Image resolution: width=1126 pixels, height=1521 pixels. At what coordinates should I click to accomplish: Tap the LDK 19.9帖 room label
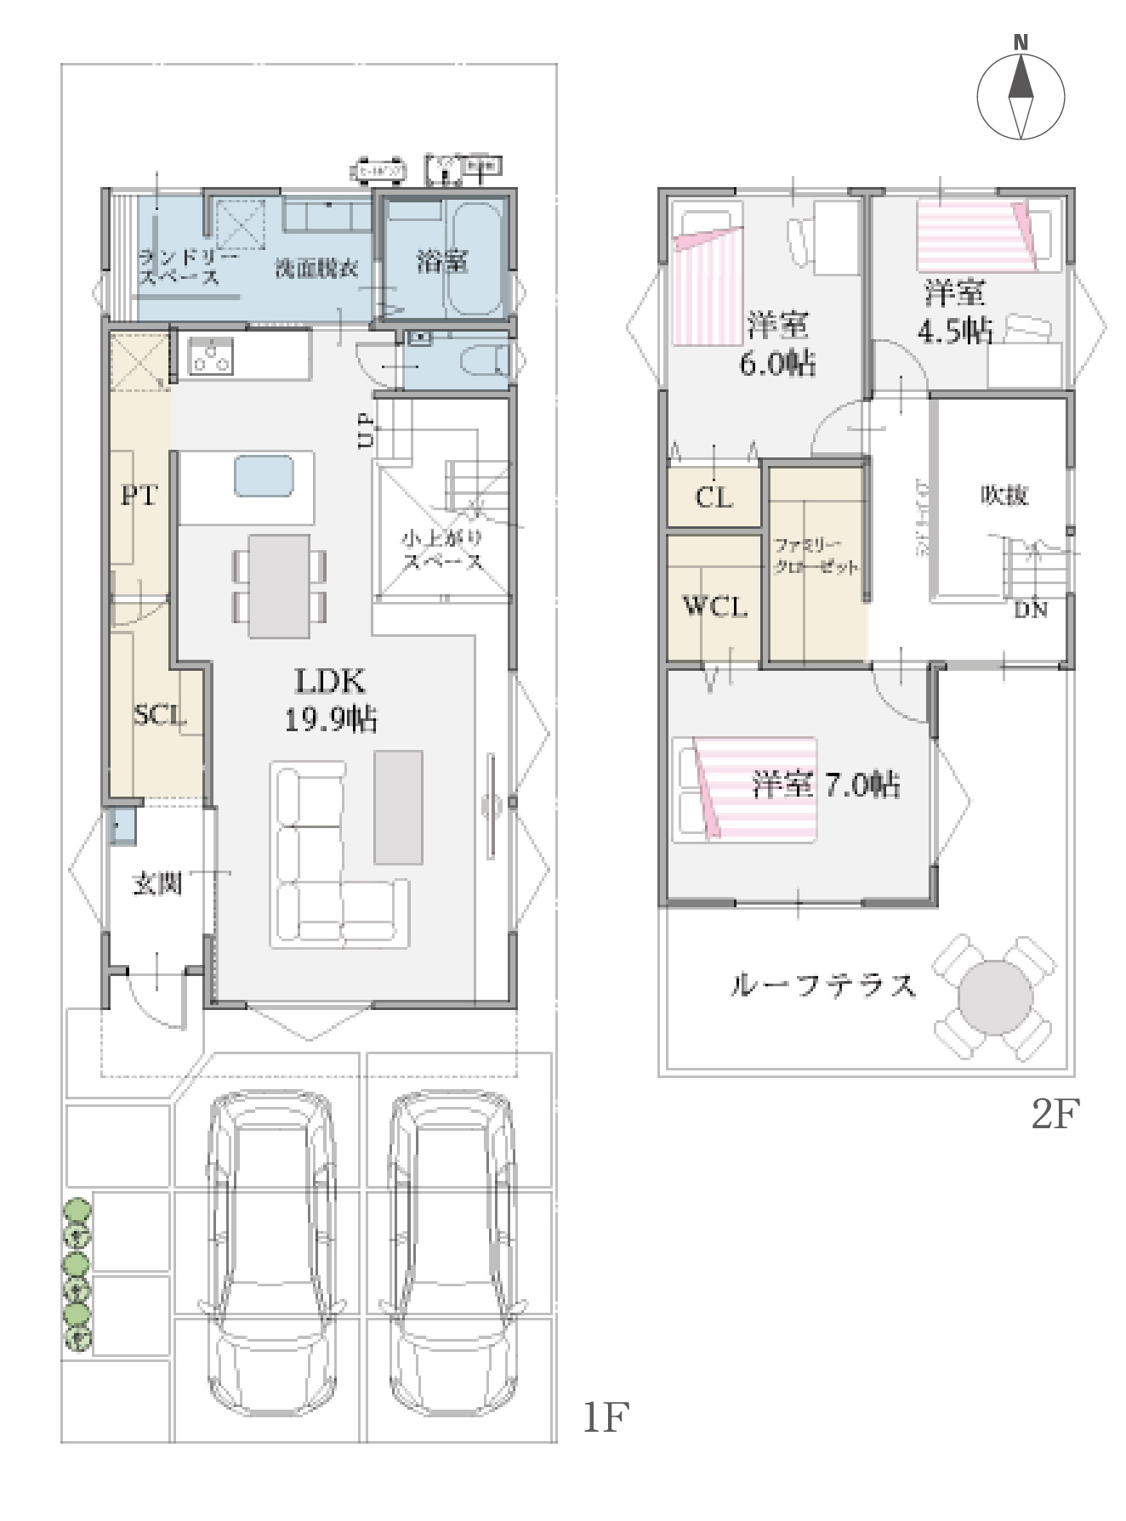pos(330,700)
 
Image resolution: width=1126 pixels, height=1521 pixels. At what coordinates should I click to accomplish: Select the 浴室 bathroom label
pos(442,261)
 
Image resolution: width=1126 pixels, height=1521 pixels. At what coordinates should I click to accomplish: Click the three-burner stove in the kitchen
pos(210,355)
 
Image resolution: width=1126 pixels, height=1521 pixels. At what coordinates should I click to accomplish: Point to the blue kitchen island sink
pos(264,474)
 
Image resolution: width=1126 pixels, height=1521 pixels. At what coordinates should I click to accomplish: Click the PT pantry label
pos(139,495)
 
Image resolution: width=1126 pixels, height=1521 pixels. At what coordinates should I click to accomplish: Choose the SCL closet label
pos(159,715)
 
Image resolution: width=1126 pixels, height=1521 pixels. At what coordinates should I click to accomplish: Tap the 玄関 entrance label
pos(157,884)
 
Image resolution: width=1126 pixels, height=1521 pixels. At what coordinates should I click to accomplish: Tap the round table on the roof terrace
pos(994,996)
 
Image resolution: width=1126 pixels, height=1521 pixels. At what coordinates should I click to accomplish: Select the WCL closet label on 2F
pos(715,606)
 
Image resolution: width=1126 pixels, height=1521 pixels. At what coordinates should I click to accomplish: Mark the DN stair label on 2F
pos(1030,610)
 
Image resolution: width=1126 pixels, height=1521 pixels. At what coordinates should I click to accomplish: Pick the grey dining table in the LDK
pos(279,586)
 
